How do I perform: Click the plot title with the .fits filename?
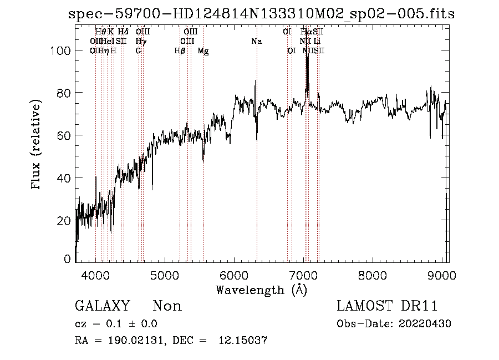click(x=261, y=14)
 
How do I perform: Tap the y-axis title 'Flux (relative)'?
click(x=37, y=145)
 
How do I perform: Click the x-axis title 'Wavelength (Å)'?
click(x=261, y=290)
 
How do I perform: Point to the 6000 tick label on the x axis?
click(x=234, y=275)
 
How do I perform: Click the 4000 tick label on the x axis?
click(x=95, y=275)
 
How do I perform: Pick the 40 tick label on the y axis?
click(x=64, y=178)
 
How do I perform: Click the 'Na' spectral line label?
click(x=256, y=42)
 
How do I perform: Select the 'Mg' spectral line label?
click(x=203, y=50)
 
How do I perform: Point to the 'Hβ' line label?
click(x=180, y=50)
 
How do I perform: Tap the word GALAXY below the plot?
click(x=102, y=306)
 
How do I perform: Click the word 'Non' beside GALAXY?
click(x=167, y=306)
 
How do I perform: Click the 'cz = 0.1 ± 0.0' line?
click(x=116, y=324)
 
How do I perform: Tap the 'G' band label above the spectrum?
click(x=138, y=50)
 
